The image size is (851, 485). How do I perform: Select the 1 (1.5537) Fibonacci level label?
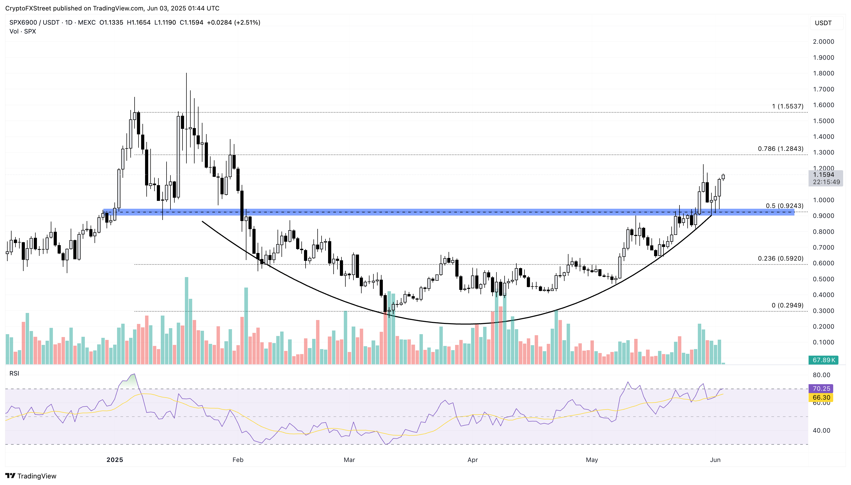(787, 106)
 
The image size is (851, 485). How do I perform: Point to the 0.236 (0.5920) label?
(780, 258)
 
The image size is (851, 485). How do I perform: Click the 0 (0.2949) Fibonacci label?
(787, 305)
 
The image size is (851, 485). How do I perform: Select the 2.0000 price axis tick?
(823, 42)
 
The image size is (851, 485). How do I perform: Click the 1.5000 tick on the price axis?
(823, 121)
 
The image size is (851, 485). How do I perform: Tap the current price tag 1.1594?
(823, 175)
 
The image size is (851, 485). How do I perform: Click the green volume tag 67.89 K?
(823, 360)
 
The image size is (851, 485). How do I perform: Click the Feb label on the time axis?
(238, 460)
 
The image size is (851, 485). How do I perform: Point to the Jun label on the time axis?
(715, 460)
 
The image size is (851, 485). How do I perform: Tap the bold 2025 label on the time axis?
(115, 460)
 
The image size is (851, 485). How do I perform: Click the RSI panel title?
(14, 373)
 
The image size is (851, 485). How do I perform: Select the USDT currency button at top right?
(823, 23)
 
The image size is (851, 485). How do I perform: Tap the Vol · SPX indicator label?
(23, 31)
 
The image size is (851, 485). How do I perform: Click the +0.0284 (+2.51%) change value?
(234, 22)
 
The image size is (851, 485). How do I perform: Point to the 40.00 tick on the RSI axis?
(821, 430)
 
